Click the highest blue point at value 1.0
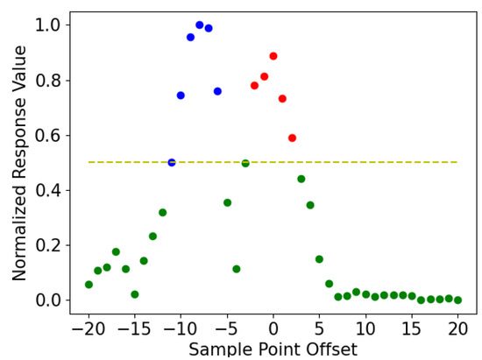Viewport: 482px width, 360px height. (x=200, y=25)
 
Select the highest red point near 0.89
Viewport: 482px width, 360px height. (x=273, y=56)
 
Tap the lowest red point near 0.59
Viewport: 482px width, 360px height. (x=292, y=138)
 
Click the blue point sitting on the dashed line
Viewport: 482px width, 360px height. (x=172, y=162)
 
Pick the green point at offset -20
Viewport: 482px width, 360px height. (x=89, y=285)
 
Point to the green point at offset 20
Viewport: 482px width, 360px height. (x=457, y=300)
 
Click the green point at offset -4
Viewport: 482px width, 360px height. (x=237, y=269)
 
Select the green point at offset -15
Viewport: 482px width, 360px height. (x=135, y=294)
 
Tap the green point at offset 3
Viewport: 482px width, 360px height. (x=301, y=179)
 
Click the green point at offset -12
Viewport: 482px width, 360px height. (x=162, y=213)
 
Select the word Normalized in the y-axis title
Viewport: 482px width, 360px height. (x=19, y=229)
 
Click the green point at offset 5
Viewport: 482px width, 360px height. (x=319, y=259)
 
